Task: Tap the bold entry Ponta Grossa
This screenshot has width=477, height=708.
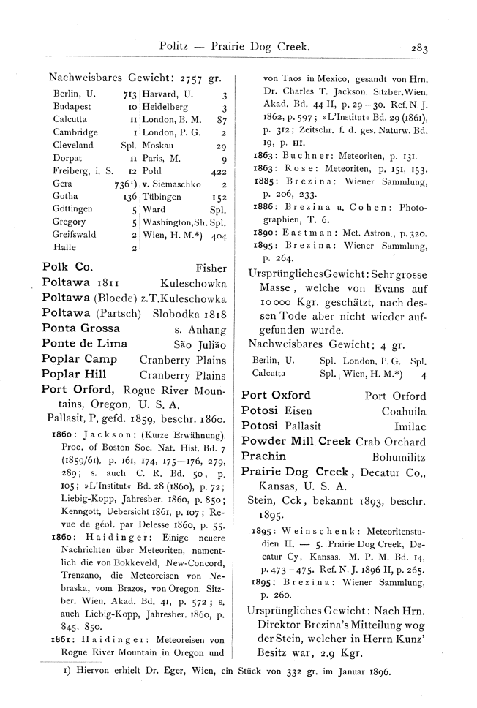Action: point(80,328)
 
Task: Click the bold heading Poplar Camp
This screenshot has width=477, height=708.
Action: point(80,359)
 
